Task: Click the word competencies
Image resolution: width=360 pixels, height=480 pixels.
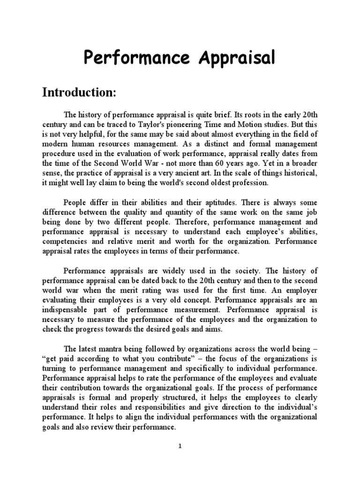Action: [x=64, y=241]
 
